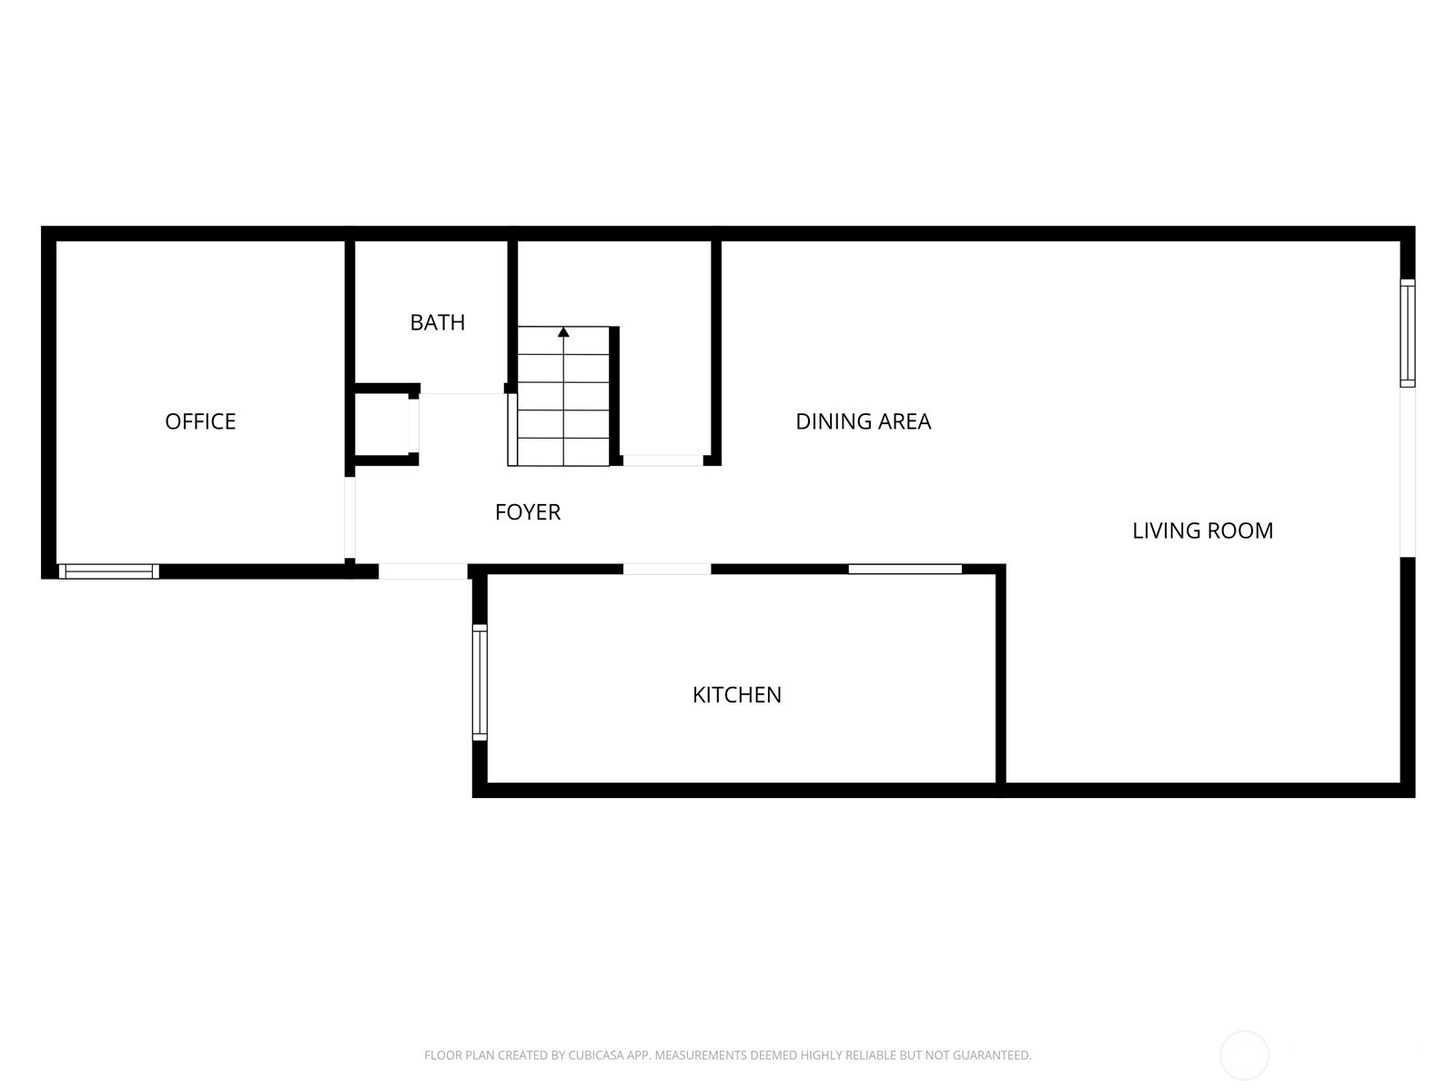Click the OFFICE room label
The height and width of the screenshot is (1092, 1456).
click(200, 421)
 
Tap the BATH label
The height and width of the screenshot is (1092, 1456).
click(437, 323)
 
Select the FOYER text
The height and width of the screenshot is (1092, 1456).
click(528, 512)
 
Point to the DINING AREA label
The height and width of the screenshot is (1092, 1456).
click(863, 421)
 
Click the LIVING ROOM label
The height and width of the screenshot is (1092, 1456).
click(1203, 531)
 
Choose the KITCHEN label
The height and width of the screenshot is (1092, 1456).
click(737, 695)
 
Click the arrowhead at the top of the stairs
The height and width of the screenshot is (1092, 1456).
click(563, 331)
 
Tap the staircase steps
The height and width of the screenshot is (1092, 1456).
click(563, 396)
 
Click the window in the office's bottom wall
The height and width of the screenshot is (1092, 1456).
click(109, 571)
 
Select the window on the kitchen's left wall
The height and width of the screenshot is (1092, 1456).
click(480, 682)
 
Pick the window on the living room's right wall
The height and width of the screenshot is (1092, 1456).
click(1408, 333)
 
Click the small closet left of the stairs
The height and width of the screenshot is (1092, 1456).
click(381, 425)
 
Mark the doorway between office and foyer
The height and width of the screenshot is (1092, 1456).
click(349, 517)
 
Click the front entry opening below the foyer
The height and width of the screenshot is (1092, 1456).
click(423, 571)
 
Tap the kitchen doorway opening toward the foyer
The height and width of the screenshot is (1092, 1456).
click(667, 569)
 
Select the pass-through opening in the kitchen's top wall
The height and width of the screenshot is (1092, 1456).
click(905, 569)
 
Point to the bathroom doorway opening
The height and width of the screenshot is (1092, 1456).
click(462, 394)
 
